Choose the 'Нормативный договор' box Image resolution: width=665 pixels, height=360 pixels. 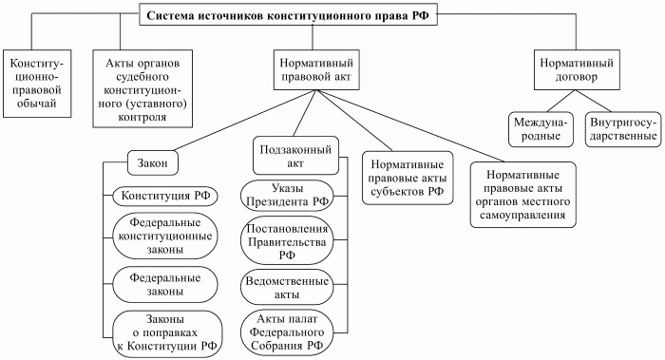(x=570, y=72)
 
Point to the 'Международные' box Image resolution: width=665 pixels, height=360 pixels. (x=538, y=129)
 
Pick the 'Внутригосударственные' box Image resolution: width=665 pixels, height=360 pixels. (x=622, y=129)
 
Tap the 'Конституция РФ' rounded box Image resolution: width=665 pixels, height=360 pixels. (x=163, y=196)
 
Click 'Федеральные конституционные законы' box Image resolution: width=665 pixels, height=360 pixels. (x=163, y=235)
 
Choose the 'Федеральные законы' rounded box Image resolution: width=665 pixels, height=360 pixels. (x=163, y=285)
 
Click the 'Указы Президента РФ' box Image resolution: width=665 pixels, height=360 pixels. (x=289, y=193)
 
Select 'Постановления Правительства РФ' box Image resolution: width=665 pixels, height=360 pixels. (x=288, y=241)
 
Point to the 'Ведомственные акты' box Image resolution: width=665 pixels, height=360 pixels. (x=288, y=288)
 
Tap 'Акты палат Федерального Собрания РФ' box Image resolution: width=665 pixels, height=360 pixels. (x=288, y=331)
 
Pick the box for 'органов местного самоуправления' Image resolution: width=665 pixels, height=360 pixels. (x=526, y=195)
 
